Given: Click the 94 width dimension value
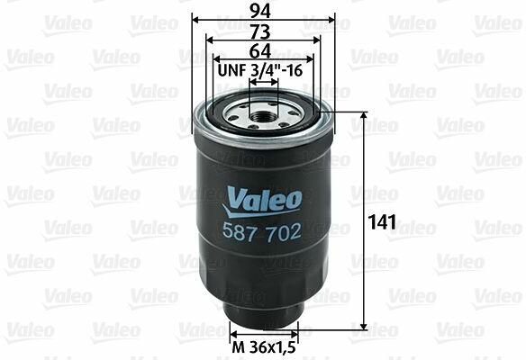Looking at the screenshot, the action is pos(260,12).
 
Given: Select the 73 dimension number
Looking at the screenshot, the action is pos(260,31).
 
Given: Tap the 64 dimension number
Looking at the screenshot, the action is pos(260,51).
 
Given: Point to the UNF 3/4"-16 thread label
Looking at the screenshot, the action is pos(260,70).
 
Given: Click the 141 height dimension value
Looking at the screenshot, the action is pos(382,222).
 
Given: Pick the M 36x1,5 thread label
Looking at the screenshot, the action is pos(264,347).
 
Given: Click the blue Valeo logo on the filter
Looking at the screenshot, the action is pos(262,202).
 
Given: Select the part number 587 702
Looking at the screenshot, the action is pos(262,231).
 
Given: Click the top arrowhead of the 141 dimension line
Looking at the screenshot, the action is pos(364,116).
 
